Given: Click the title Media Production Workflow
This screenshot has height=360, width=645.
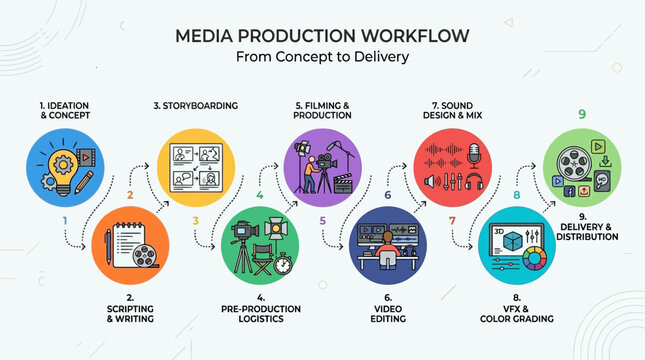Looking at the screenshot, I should click(322, 36).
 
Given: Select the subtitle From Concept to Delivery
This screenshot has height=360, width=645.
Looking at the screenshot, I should click(322, 57).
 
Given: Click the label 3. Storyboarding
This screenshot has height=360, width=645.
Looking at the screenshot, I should click(195, 104).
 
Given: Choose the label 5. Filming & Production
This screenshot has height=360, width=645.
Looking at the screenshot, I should click(323, 109).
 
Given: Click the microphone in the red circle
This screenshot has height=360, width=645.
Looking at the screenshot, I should click(475, 157).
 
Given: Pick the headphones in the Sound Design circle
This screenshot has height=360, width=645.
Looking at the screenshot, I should click(475, 184).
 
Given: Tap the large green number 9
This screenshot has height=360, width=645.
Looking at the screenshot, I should click(581, 114).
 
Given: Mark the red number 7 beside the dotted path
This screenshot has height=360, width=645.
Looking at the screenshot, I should click(451, 220).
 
